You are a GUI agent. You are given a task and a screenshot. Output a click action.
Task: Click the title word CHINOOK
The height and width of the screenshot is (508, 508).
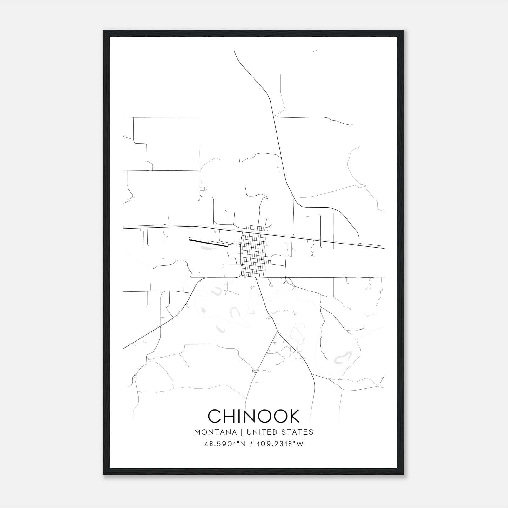pos(253,416)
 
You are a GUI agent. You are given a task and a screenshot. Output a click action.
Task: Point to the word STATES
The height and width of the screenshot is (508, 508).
pos(297,432)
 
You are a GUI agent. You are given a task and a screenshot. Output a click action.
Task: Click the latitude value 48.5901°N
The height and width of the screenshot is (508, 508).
pos(225,444)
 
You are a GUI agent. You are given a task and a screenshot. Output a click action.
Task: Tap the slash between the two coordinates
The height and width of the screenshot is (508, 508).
pos(252,444)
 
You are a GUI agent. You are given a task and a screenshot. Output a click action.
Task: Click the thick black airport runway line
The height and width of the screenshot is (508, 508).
pos(208,243)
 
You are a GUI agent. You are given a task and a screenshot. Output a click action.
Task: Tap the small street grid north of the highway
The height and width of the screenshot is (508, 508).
pos(257,228)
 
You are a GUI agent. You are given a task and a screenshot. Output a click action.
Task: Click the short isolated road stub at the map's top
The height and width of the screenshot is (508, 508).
pos(315,50)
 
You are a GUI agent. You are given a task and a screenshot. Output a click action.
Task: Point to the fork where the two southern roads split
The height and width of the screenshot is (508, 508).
pos(278,332)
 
